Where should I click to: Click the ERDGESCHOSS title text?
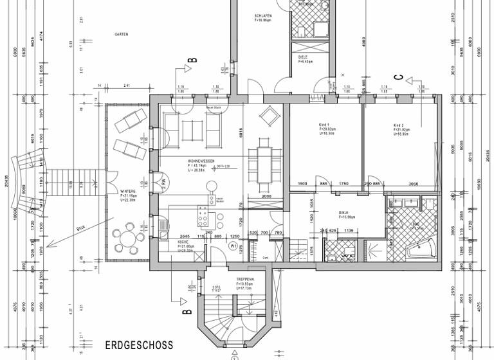coord(139,345)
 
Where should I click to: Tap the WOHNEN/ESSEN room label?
coord(201,161)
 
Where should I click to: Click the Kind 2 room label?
coord(399,125)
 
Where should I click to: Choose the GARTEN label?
coord(121,34)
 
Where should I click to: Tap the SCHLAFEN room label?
coord(262,15)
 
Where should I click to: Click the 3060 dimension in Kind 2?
coord(412,184)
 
